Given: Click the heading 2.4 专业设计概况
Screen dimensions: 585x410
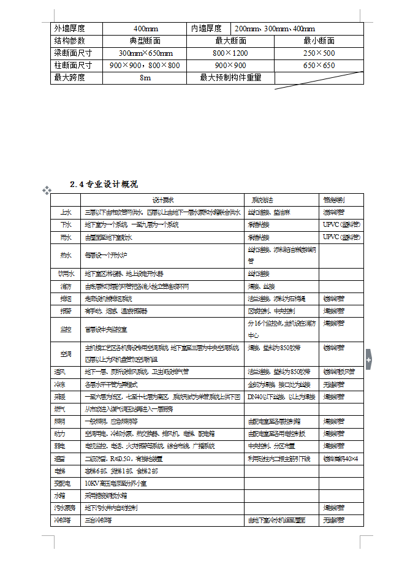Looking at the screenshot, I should point(104,184).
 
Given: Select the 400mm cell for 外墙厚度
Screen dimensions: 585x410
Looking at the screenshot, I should point(145,28).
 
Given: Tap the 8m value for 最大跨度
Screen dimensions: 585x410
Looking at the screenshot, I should point(145,78).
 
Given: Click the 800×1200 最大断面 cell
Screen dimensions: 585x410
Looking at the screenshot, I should point(230,53).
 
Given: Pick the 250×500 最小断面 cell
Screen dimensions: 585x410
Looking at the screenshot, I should point(319,53).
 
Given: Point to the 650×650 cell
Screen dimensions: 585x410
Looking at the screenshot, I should point(319,66).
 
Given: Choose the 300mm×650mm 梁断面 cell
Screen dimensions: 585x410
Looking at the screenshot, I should point(145,53).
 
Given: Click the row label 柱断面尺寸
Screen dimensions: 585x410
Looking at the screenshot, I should point(73,66).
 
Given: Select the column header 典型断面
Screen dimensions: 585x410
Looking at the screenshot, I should point(145,40).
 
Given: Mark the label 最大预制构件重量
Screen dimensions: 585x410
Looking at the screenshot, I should point(230,78).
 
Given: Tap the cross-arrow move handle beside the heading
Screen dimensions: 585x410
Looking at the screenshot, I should point(47,191).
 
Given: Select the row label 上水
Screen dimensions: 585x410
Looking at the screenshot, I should point(66,212).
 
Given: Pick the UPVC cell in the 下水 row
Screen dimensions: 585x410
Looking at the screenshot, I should point(341,224).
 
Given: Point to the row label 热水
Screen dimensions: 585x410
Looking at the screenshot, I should point(66,255).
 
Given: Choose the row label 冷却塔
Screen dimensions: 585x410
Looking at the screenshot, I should point(66,520).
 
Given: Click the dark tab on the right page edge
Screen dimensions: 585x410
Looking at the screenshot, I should point(368,360).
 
